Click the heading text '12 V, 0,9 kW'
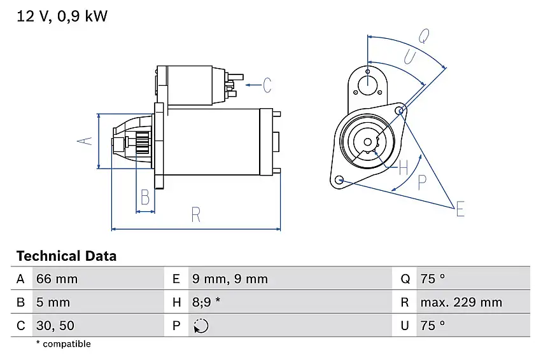point(62,17)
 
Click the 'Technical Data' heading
point(66,256)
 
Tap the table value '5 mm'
point(54,303)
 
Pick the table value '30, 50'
point(57,326)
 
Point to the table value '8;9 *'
point(206,303)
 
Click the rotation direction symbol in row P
point(200,326)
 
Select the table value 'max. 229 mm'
point(461,303)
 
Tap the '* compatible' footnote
point(63,344)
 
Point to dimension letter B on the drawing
point(145,197)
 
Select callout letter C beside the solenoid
point(267,84)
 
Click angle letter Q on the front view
point(422,36)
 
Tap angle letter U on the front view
point(410,58)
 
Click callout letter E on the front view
point(460,208)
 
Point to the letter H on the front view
point(402,168)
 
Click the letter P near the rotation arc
point(421,183)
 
